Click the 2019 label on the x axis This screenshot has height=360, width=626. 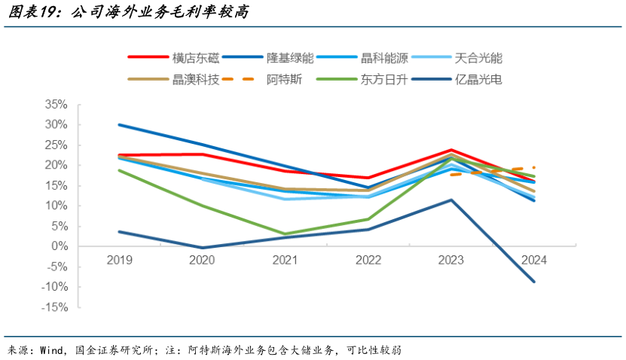click(120, 260)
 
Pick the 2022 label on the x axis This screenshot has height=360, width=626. click(368, 260)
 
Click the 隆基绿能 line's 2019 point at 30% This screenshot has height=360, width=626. click(120, 125)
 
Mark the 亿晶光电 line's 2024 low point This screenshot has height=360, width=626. click(533, 282)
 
